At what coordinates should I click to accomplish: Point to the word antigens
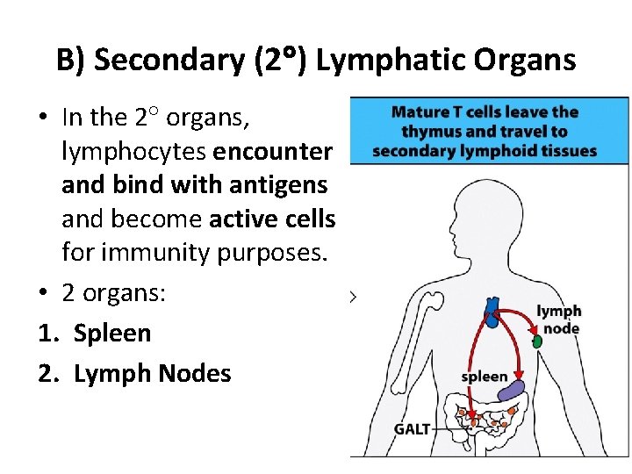coord(276,185)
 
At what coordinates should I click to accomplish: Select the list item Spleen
coord(112,333)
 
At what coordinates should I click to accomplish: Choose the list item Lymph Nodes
coord(153,373)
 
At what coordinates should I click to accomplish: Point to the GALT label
coord(412,429)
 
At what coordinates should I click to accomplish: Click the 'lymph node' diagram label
coord(559,320)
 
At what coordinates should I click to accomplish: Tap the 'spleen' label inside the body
coord(485,377)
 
